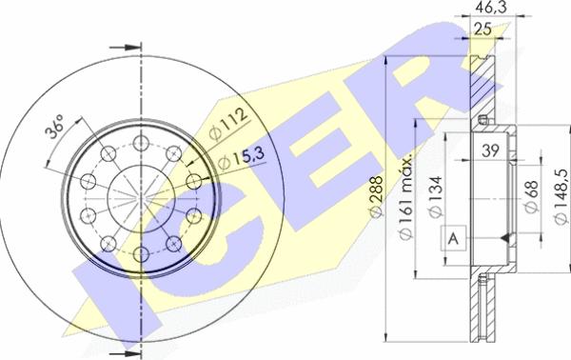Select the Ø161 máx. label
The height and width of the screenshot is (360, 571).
click(x=404, y=187)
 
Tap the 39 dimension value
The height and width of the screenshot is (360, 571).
click(x=491, y=149)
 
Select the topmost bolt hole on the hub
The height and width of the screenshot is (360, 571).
click(x=141, y=143)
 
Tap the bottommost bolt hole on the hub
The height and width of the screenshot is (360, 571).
click(x=141, y=253)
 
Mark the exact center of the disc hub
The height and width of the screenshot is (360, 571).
click(x=141, y=198)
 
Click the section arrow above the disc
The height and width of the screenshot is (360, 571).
click(x=121, y=48)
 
